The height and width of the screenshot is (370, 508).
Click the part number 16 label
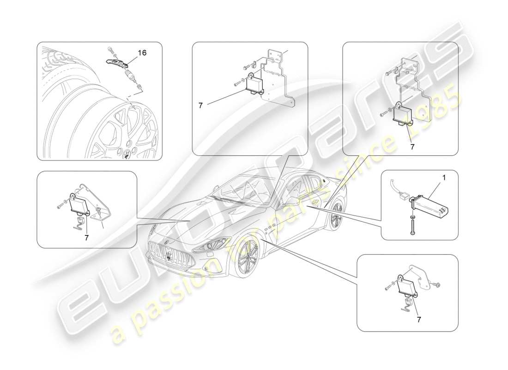point(142,53)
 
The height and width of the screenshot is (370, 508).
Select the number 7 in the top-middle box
point(200,105)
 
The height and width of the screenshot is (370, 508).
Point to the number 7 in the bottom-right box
point(418,319)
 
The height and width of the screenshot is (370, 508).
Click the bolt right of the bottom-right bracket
point(436,284)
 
